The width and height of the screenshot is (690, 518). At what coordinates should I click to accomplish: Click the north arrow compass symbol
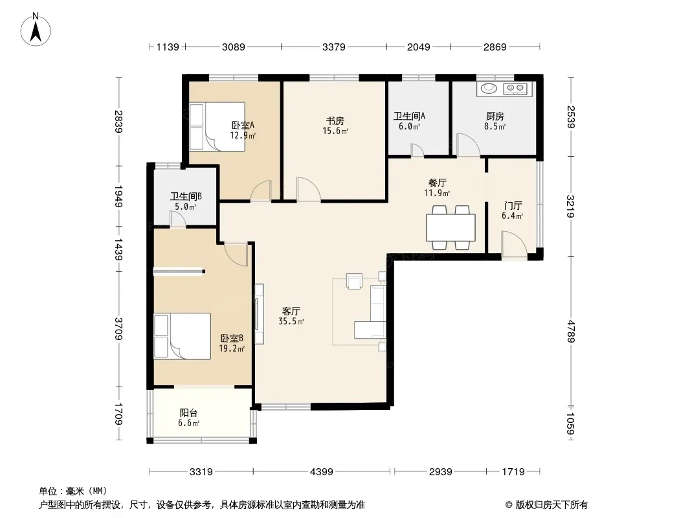[x=36, y=30]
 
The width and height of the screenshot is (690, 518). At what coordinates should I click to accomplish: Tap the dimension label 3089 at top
[x=233, y=47]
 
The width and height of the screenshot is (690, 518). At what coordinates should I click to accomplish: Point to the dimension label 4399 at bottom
[x=321, y=472]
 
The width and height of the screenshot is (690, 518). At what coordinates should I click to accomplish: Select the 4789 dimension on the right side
[x=570, y=332]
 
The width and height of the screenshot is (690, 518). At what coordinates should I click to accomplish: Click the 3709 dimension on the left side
[x=118, y=329]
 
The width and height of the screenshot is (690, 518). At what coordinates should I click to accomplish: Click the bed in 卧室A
[x=217, y=127]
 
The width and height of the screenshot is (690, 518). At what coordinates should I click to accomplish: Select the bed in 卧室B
[x=182, y=336]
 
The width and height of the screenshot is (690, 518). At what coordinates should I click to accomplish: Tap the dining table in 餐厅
[x=451, y=227]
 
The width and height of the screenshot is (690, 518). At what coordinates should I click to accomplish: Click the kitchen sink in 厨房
[x=489, y=89]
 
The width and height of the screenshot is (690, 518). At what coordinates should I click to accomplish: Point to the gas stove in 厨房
[x=515, y=89]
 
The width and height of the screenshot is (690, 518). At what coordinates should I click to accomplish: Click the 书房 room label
[x=335, y=120]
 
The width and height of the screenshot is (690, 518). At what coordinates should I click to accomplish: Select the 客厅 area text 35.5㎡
[x=291, y=322]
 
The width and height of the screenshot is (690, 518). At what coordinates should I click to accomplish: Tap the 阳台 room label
[x=188, y=413]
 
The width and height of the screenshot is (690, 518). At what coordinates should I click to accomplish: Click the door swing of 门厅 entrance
[x=515, y=244]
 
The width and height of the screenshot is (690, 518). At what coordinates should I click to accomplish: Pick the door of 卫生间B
[x=178, y=219]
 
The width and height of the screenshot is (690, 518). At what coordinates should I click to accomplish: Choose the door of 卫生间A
[x=417, y=150]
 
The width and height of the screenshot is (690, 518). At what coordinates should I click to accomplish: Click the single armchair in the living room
[x=354, y=281]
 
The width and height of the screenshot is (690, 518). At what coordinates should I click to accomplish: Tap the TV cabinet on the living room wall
[x=259, y=314]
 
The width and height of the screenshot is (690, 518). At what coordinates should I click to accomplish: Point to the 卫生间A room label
[x=409, y=116]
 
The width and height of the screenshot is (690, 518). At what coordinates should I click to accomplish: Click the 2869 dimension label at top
[x=495, y=47]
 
